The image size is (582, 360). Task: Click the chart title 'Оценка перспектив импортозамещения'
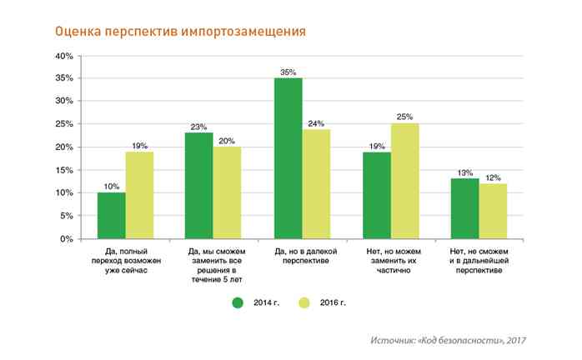(179, 32)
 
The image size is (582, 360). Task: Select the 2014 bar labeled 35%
(288, 158)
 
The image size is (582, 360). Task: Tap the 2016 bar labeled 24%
(316, 184)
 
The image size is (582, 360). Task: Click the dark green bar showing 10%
(112, 216)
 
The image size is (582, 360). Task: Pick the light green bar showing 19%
(139, 195)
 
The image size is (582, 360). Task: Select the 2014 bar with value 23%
(199, 186)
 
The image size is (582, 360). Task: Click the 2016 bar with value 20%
(227, 192)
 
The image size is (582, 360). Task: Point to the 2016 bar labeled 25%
(404, 182)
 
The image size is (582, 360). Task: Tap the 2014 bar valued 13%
(465, 208)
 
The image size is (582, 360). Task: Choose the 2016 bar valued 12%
(493, 211)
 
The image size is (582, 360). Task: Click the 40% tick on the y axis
(64, 56)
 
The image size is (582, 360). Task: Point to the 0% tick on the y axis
(67, 239)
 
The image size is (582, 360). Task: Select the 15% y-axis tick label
(64, 170)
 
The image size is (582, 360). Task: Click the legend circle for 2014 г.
(238, 302)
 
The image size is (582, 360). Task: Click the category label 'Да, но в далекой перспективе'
(302, 255)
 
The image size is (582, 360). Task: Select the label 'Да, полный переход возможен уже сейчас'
(125, 260)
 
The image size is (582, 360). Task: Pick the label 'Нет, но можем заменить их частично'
(390, 260)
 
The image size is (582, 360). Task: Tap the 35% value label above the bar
(288, 72)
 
